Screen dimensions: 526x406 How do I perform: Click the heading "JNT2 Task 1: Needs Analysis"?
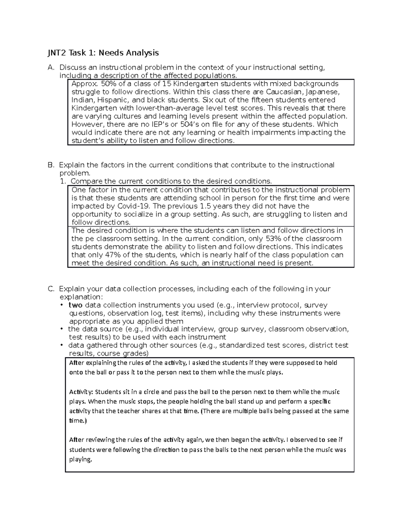click(x=103, y=53)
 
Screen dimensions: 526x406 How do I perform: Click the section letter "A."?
click(x=51, y=67)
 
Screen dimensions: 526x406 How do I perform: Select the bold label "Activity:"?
click(x=81, y=392)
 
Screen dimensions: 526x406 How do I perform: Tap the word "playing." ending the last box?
click(x=81, y=460)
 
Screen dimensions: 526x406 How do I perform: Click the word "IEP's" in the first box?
click(x=157, y=124)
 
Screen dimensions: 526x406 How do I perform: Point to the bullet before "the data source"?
click(x=62, y=329)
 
